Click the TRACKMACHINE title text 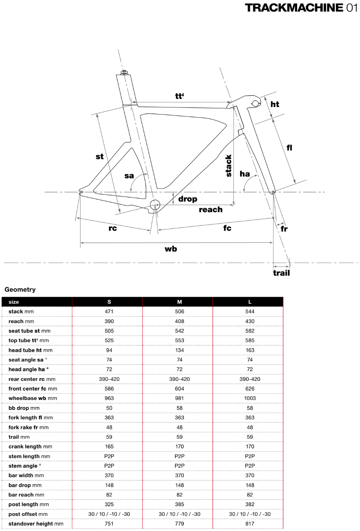pos(294,8)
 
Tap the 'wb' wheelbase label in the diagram pos(171,249)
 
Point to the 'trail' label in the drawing pos(281,273)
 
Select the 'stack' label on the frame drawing pos(228,166)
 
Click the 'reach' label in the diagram pos(211,210)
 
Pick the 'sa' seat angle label pos(129,176)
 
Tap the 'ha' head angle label pos(244,174)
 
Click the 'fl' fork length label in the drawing pos(289,147)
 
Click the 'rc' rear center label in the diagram pos(112,228)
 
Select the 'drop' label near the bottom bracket pos(188,199)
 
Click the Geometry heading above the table pos(20,290)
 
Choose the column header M pos(180,302)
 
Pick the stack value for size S pos(109,311)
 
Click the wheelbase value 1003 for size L pos(250,398)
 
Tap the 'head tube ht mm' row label pos(30,350)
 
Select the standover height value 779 pos(180,524)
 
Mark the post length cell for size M pos(180,504)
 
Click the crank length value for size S pos(109,446)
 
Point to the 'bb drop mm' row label pos(24,408)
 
